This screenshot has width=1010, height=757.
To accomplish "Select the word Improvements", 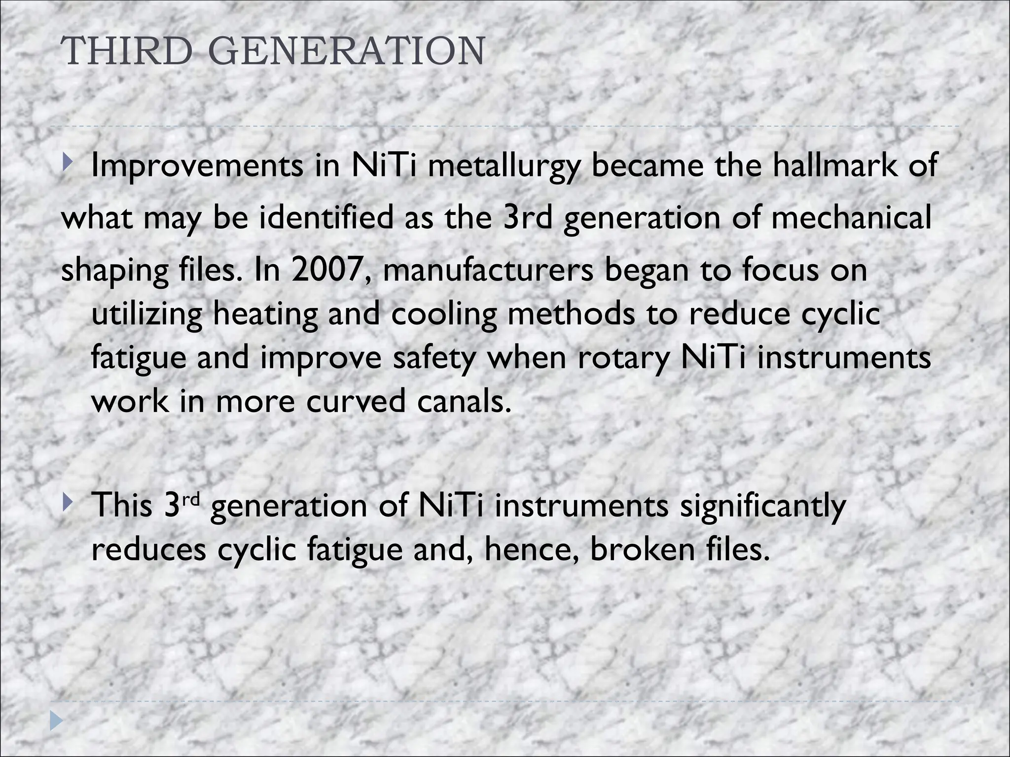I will [x=198, y=166].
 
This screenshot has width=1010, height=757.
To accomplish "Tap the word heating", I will [x=265, y=314].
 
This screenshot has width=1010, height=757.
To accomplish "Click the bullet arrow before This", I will [x=67, y=503].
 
